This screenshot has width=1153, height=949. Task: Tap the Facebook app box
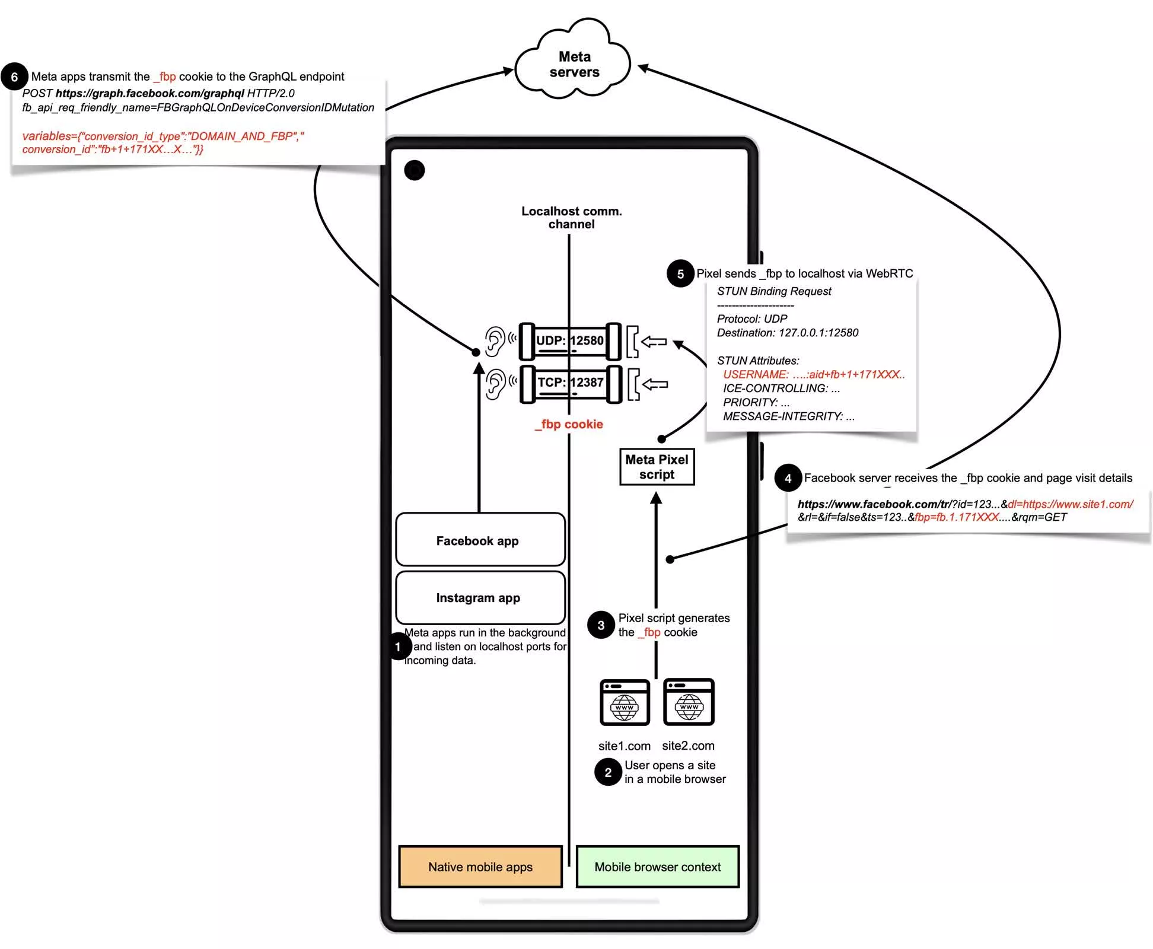pyautogui.click(x=480, y=540)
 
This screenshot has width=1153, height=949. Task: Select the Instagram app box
pyautogui.click(x=480, y=597)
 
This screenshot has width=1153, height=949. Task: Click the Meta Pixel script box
pyautogui.click(x=657, y=467)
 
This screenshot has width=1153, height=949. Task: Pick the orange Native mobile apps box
pyautogui.click(x=480, y=867)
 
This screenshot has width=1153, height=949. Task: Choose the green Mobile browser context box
pyautogui.click(x=657, y=867)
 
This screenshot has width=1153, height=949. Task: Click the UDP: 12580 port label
pyautogui.click(x=569, y=341)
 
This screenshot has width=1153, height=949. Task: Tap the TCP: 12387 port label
pyautogui.click(x=570, y=383)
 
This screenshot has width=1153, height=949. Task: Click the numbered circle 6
pyautogui.click(x=15, y=77)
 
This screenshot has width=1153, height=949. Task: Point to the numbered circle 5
pyautogui.click(x=680, y=274)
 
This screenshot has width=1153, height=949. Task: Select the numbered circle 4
pyautogui.click(x=788, y=478)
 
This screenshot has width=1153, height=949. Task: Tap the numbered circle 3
pyautogui.click(x=601, y=625)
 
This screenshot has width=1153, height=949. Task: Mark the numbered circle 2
pyautogui.click(x=608, y=772)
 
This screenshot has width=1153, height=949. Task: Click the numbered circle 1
pyautogui.click(x=398, y=647)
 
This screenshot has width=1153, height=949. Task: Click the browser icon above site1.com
pyautogui.click(x=625, y=702)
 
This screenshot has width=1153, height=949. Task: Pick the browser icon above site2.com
pyautogui.click(x=689, y=702)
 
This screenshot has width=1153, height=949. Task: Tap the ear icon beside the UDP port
pyautogui.click(x=495, y=342)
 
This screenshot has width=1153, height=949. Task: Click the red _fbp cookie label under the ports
pyautogui.click(x=569, y=424)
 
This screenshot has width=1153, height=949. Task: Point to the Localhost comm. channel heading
pyautogui.click(x=571, y=218)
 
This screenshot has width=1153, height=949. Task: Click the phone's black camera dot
pyautogui.click(x=415, y=171)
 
